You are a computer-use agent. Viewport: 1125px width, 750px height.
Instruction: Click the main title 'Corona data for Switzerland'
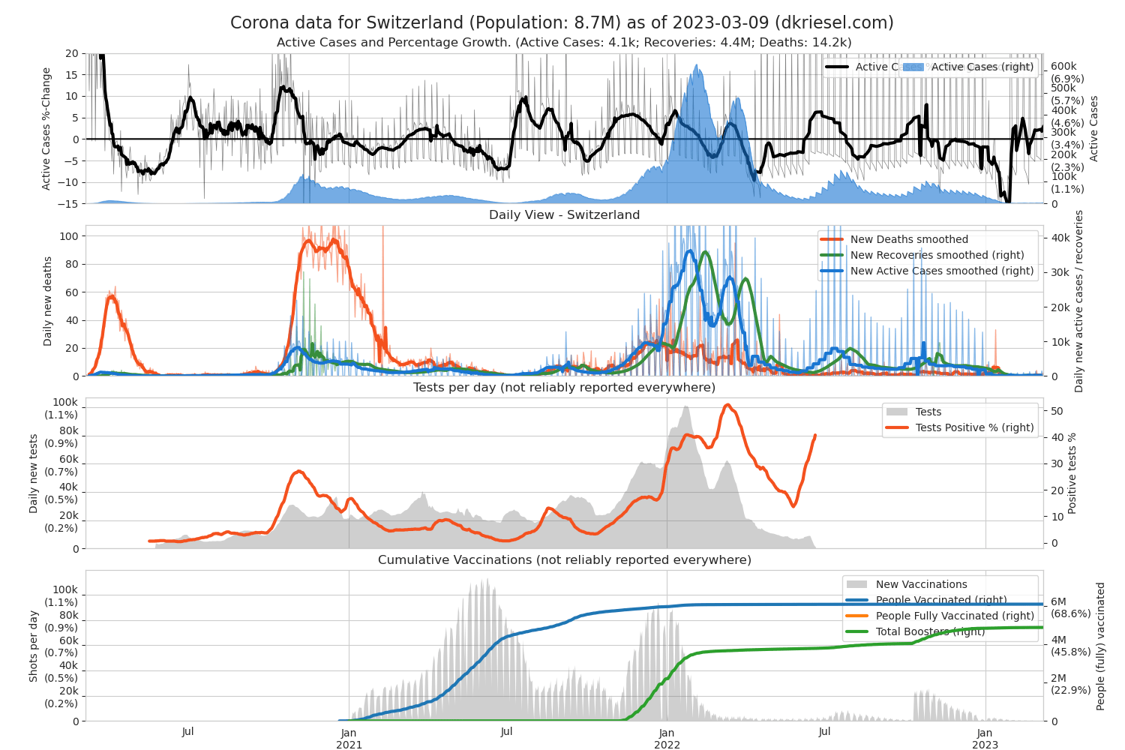562,22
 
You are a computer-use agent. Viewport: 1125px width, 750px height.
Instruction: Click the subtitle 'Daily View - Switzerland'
564,215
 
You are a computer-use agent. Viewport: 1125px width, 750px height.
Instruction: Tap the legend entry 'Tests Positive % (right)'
974,427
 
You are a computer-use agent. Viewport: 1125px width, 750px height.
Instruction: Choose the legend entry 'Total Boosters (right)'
930,631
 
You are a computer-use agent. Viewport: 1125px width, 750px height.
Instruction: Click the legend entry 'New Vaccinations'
921,584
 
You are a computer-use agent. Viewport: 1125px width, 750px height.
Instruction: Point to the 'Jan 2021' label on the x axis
349,738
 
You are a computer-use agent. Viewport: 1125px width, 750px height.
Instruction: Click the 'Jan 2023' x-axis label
985,738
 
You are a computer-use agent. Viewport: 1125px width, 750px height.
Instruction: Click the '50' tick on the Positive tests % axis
1057,411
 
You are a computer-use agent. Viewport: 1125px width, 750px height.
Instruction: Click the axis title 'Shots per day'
34,646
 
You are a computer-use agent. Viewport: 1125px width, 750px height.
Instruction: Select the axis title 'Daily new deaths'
48,301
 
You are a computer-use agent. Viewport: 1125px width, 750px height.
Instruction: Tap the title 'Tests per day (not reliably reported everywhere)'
564,388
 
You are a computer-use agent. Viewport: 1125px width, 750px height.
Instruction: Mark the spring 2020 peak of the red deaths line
112,296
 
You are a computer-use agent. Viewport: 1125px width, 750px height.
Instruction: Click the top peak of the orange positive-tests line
727,405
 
